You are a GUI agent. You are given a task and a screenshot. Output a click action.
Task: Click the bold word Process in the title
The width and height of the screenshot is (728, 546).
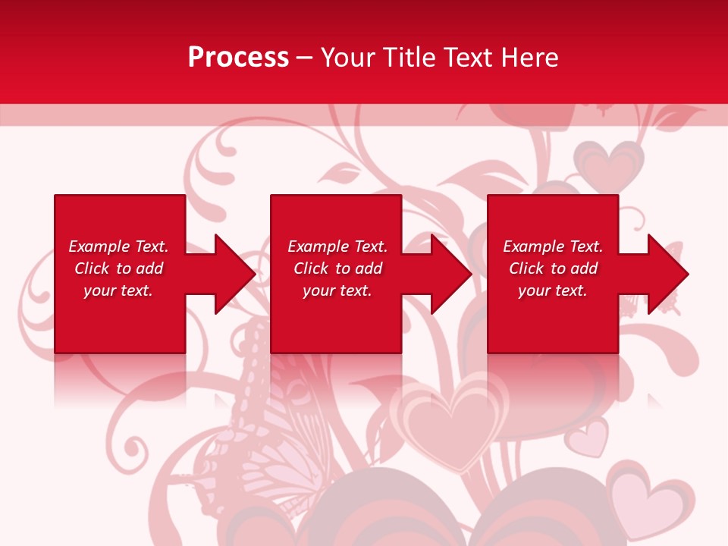[238, 58]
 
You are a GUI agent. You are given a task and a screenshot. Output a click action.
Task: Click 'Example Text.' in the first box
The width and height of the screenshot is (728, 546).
[118, 246]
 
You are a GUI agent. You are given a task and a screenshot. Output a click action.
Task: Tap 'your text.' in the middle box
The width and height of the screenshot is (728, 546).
[337, 290]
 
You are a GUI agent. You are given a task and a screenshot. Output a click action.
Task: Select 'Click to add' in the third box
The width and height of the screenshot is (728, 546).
[553, 268]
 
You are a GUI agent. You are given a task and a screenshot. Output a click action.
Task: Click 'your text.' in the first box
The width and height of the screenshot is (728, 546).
[118, 290]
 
